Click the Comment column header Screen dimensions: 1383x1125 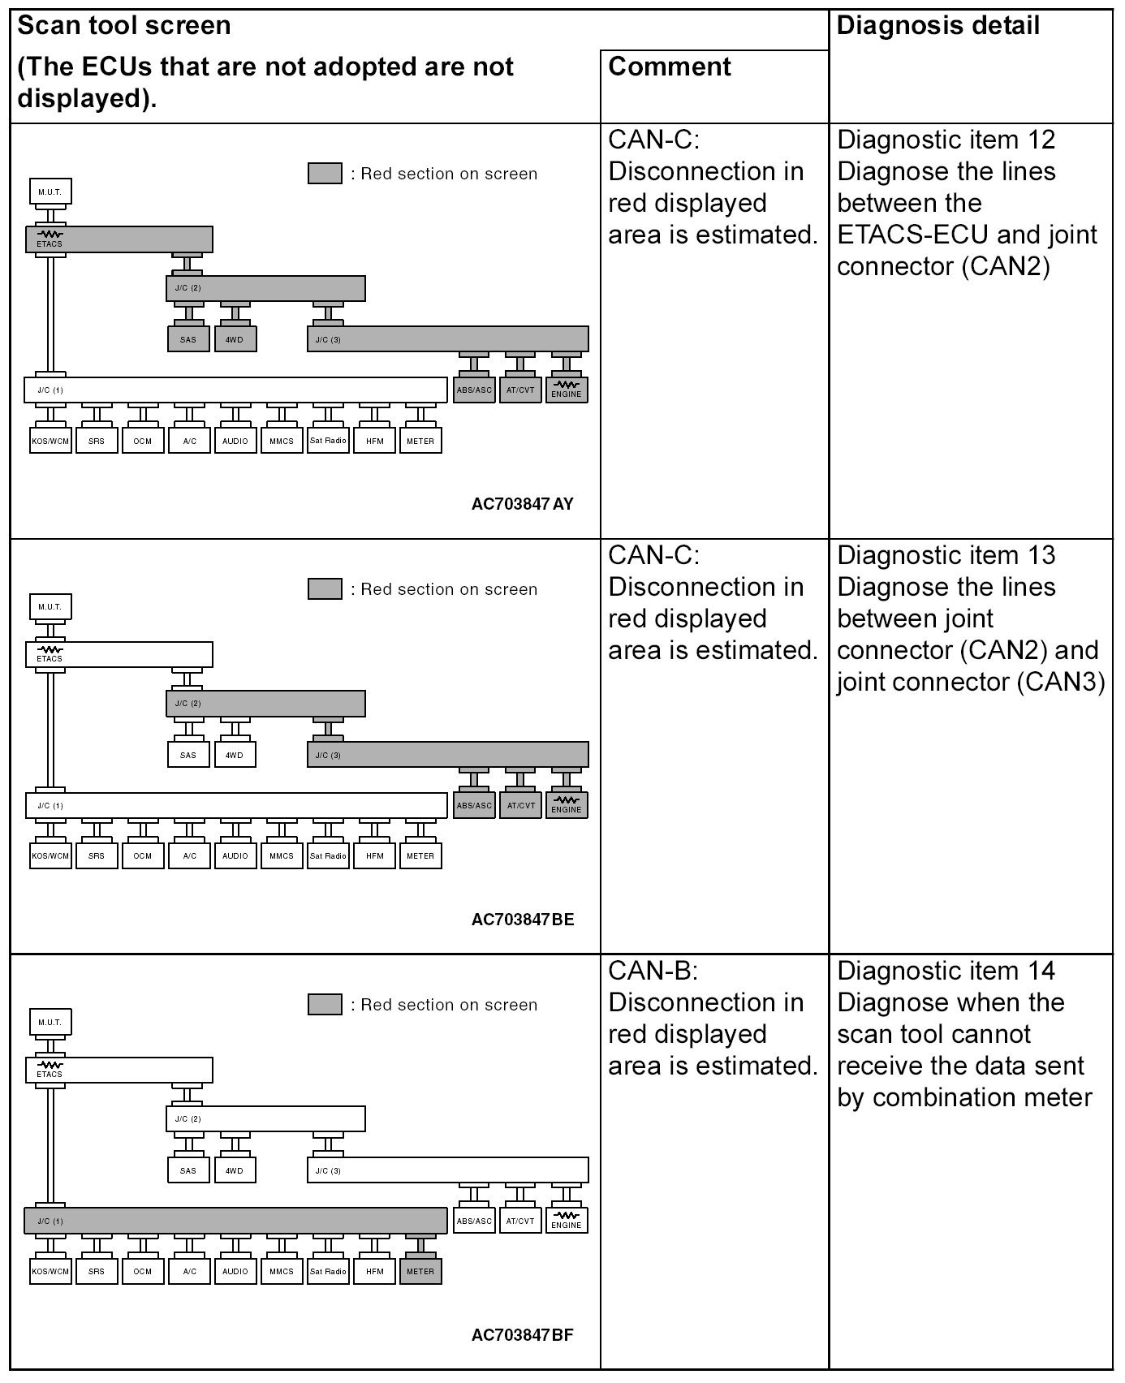[x=670, y=67]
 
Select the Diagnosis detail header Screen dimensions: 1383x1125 [x=937, y=26]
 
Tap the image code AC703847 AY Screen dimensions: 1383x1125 [x=522, y=504]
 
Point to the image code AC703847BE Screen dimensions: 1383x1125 [x=522, y=920]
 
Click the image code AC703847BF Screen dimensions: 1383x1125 [x=522, y=1335]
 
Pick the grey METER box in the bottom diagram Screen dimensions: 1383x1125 [x=420, y=1271]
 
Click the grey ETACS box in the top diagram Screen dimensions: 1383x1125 [x=119, y=239]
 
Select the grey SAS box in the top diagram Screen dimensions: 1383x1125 [x=188, y=339]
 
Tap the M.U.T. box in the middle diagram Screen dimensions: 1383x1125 [x=50, y=607]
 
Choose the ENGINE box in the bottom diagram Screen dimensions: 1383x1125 [x=567, y=1221]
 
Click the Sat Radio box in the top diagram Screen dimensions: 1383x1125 [x=328, y=441]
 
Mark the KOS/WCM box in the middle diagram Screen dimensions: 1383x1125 [x=50, y=856]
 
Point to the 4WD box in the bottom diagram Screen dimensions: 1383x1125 [x=235, y=1170]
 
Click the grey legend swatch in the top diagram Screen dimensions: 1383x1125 [x=325, y=174]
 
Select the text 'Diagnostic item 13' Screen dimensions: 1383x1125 [x=946, y=556]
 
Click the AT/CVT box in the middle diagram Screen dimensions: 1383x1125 [x=520, y=805]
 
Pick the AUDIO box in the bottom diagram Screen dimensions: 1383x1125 [x=235, y=1271]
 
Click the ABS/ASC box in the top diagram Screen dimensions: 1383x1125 [x=474, y=390]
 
